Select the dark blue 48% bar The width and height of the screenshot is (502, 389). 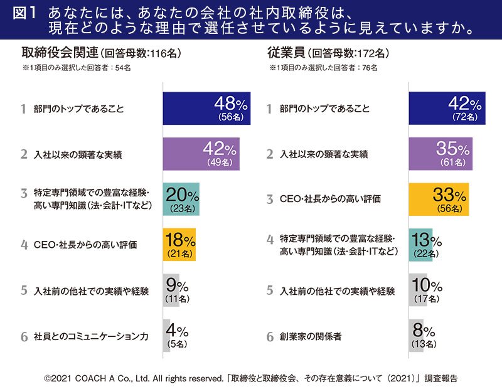click(x=206, y=108)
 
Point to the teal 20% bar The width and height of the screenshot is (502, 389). click(x=181, y=199)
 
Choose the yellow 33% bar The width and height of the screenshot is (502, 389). click(x=439, y=199)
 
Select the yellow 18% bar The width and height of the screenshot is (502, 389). click(x=179, y=245)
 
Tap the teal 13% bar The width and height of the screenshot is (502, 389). click(x=420, y=245)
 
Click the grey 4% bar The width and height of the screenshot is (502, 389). click(x=166, y=336)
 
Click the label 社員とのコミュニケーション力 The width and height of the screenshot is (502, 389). click(x=92, y=336)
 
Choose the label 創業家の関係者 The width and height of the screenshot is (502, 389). click(x=311, y=336)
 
